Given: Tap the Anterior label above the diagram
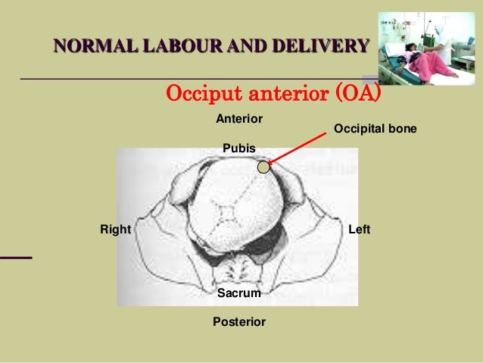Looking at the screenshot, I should [239, 119].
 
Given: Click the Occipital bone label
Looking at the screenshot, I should [375, 130].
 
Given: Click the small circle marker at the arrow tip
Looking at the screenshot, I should [263, 167].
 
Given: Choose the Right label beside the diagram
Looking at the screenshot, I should [116, 228].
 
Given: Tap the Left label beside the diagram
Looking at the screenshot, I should [359, 228].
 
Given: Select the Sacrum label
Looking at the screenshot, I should [239, 293].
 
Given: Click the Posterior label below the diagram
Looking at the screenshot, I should [239, 322].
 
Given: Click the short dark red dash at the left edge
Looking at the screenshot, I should [16, 258].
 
